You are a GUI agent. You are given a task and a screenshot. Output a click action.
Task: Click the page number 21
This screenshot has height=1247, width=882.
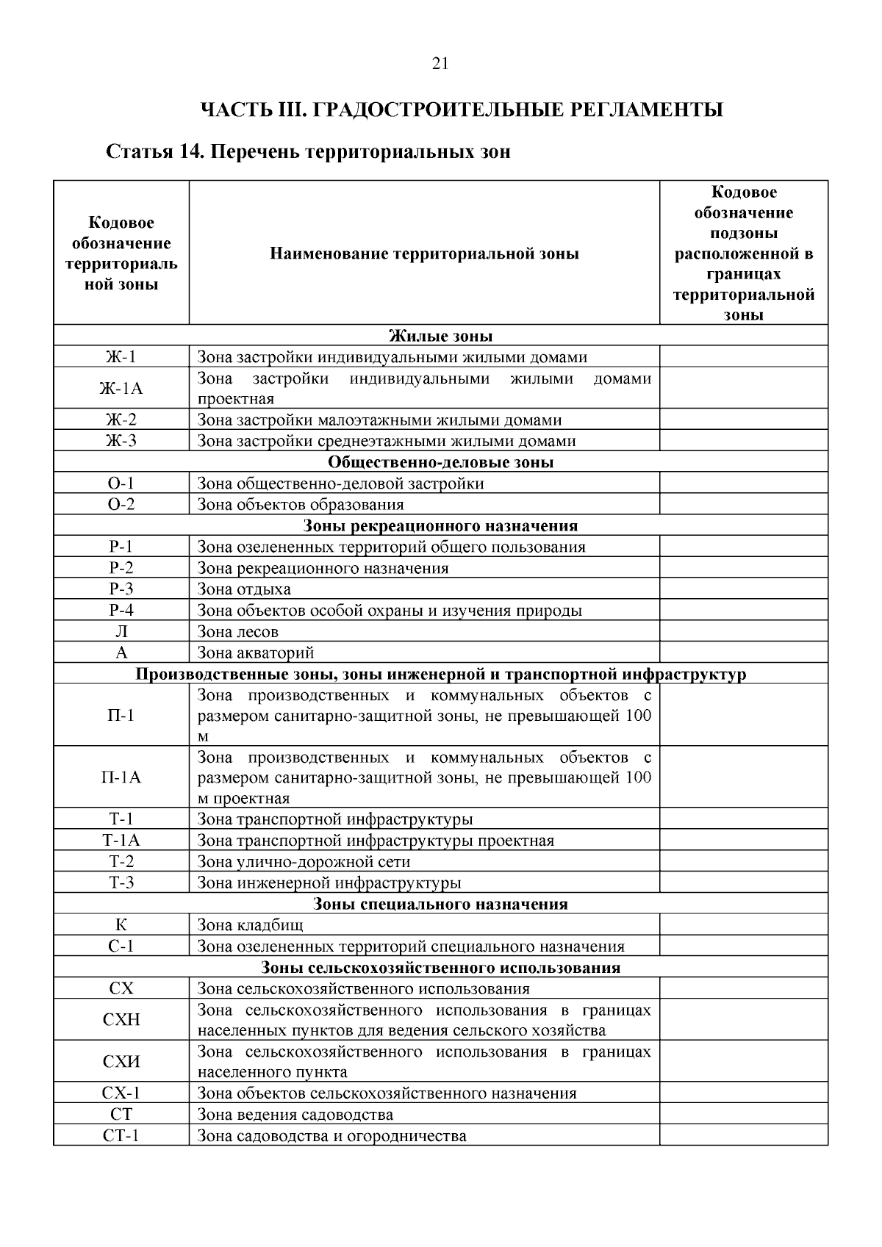440,64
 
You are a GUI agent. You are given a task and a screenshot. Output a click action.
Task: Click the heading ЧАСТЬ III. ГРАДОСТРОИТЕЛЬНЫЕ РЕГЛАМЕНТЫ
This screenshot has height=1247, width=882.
462,110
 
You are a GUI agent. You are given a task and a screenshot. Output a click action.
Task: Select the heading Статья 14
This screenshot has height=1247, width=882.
308,153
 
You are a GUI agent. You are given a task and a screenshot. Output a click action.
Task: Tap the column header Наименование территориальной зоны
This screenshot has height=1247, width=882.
424,254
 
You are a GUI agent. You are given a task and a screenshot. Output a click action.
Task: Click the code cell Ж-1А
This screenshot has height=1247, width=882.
121,389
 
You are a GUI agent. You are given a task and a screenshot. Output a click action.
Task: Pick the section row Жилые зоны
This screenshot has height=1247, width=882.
440,337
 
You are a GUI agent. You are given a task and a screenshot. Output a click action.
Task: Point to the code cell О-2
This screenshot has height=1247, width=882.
121,505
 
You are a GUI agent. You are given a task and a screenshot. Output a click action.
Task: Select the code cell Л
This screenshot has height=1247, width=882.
121,631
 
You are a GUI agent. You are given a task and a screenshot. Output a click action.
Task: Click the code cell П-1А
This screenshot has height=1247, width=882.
121,777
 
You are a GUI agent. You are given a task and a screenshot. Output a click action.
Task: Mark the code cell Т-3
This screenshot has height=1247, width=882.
121,883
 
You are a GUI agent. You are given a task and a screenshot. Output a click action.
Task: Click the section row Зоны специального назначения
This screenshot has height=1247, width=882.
440,904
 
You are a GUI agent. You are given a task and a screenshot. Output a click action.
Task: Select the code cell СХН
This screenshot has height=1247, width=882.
121,1020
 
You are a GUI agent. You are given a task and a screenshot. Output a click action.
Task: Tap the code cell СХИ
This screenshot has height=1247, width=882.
121,1062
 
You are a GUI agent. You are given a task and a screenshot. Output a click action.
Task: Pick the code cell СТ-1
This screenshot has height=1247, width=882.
121,1136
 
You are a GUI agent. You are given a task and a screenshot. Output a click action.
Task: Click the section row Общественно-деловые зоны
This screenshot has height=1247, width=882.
440,463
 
